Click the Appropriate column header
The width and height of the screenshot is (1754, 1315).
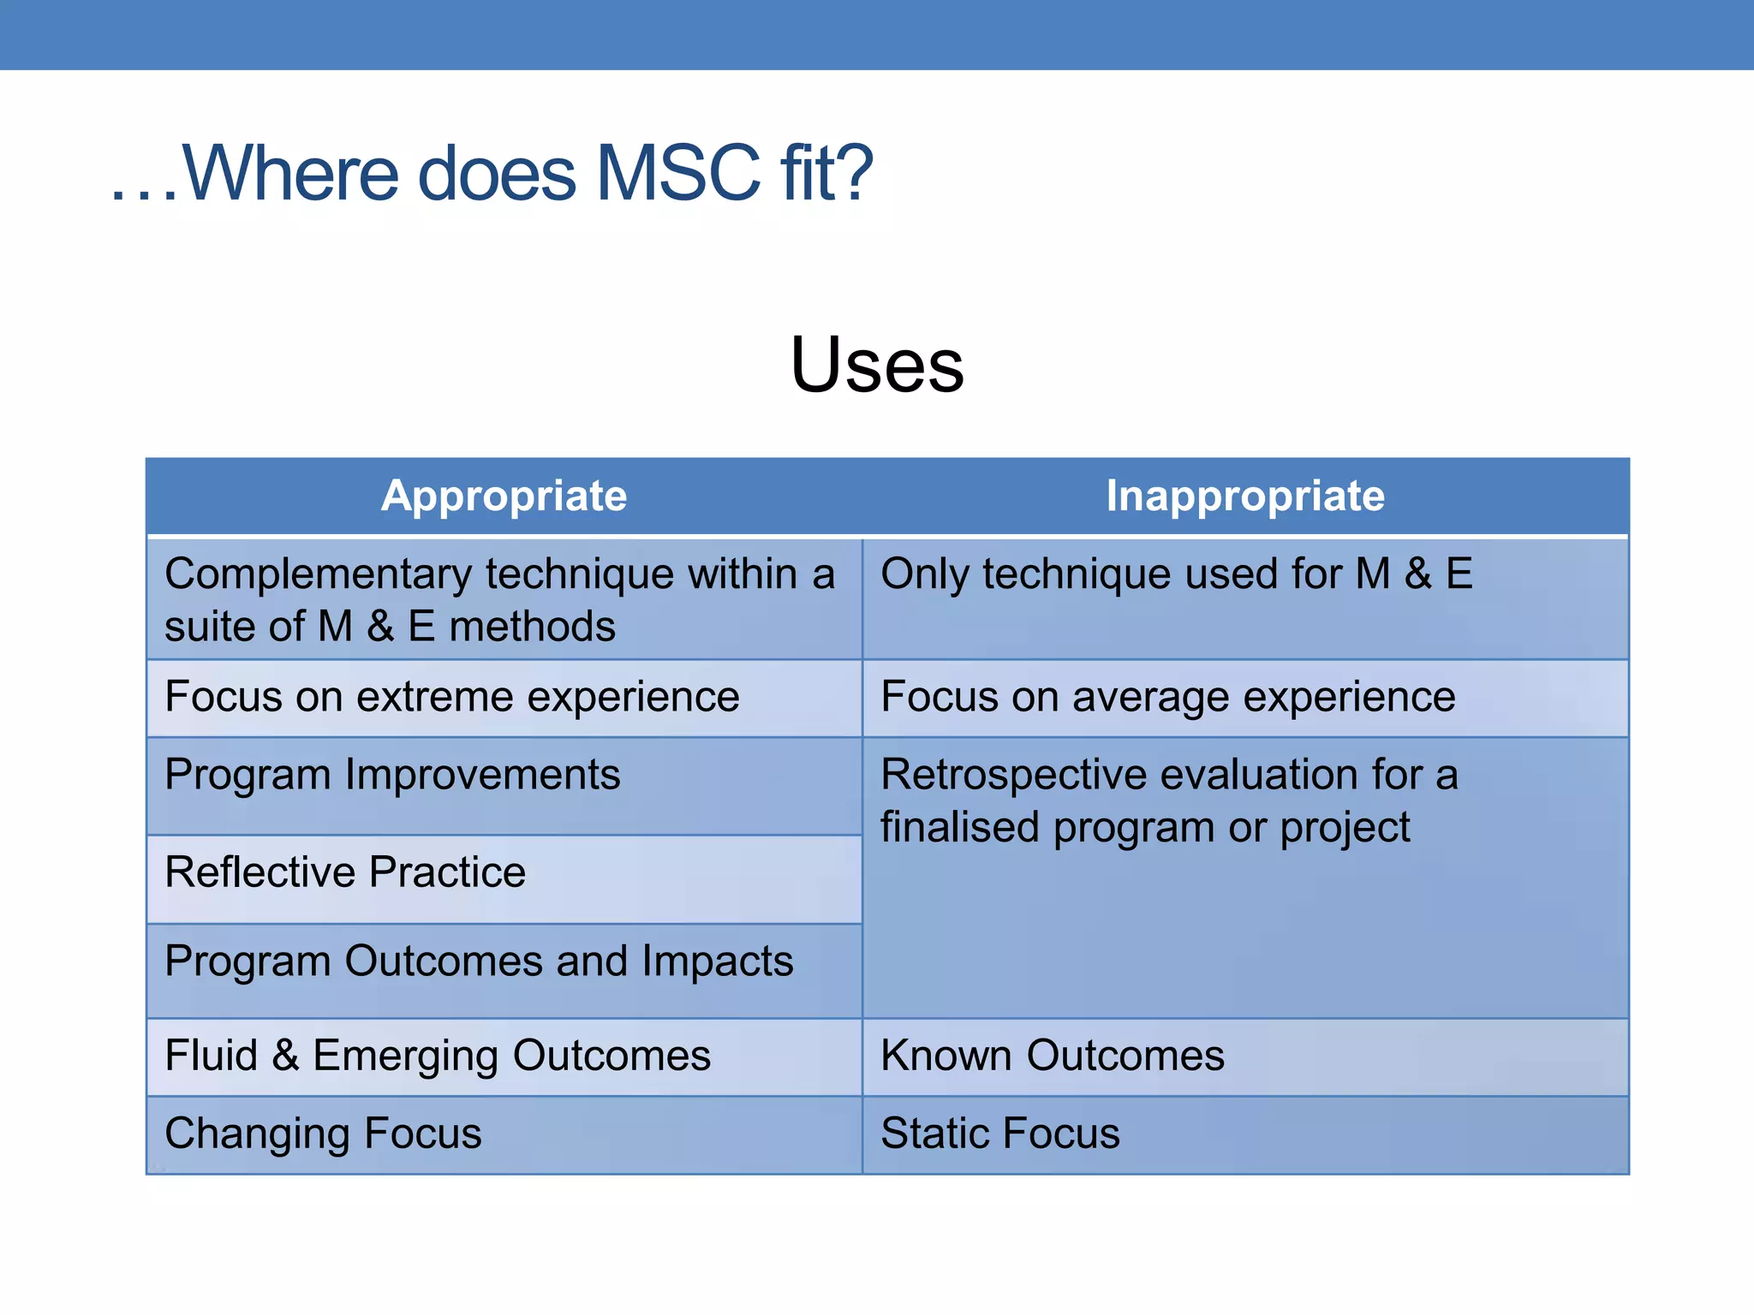504,496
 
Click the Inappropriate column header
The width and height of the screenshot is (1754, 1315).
1244,496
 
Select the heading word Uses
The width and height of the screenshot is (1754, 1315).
876,366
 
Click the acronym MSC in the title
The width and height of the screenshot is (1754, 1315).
677,174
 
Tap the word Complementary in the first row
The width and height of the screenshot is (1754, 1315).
318,574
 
